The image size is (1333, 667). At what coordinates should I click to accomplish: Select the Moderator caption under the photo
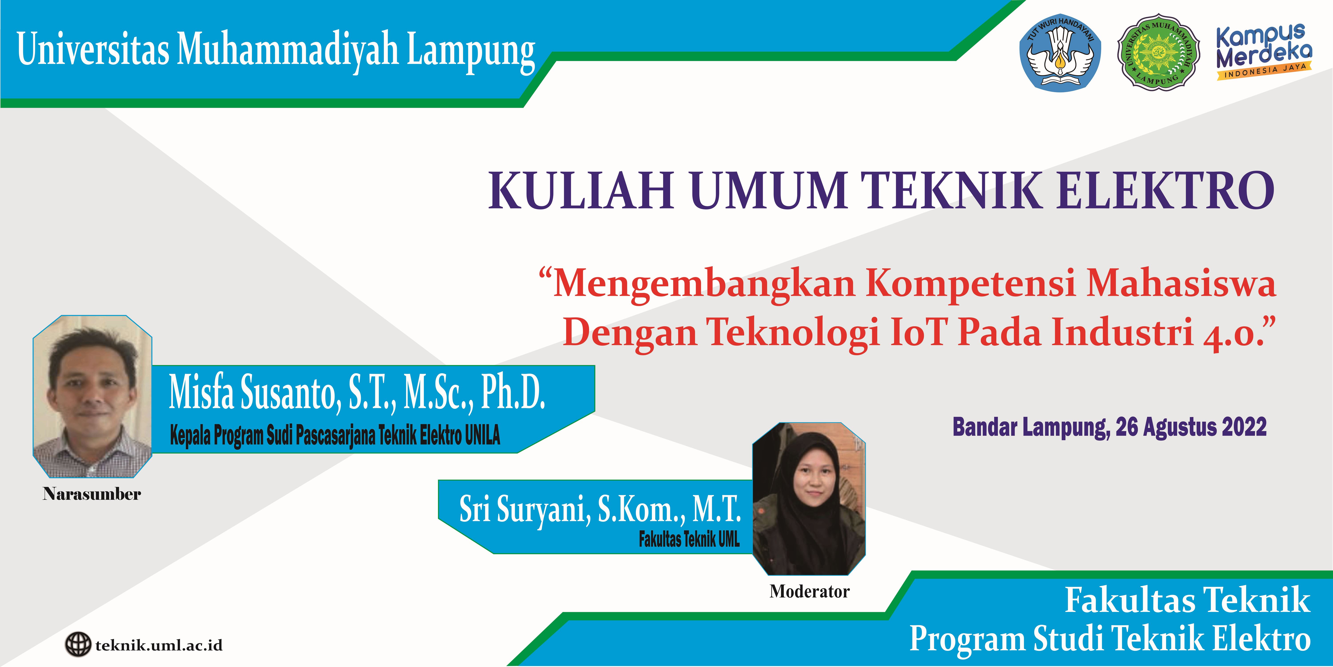(x=809, y=591)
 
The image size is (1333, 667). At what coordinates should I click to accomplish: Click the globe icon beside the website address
(x=78, y=645)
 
